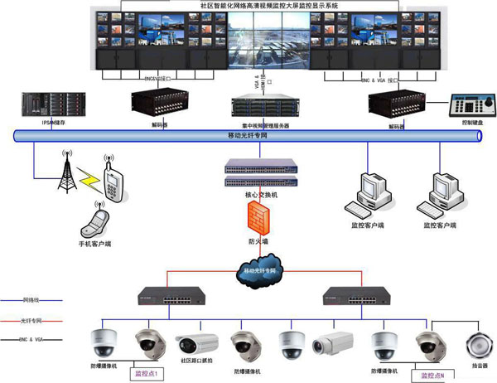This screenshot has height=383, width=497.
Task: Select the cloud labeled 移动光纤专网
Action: click(258, 271)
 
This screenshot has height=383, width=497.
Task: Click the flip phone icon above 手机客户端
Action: click(98, 221)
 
